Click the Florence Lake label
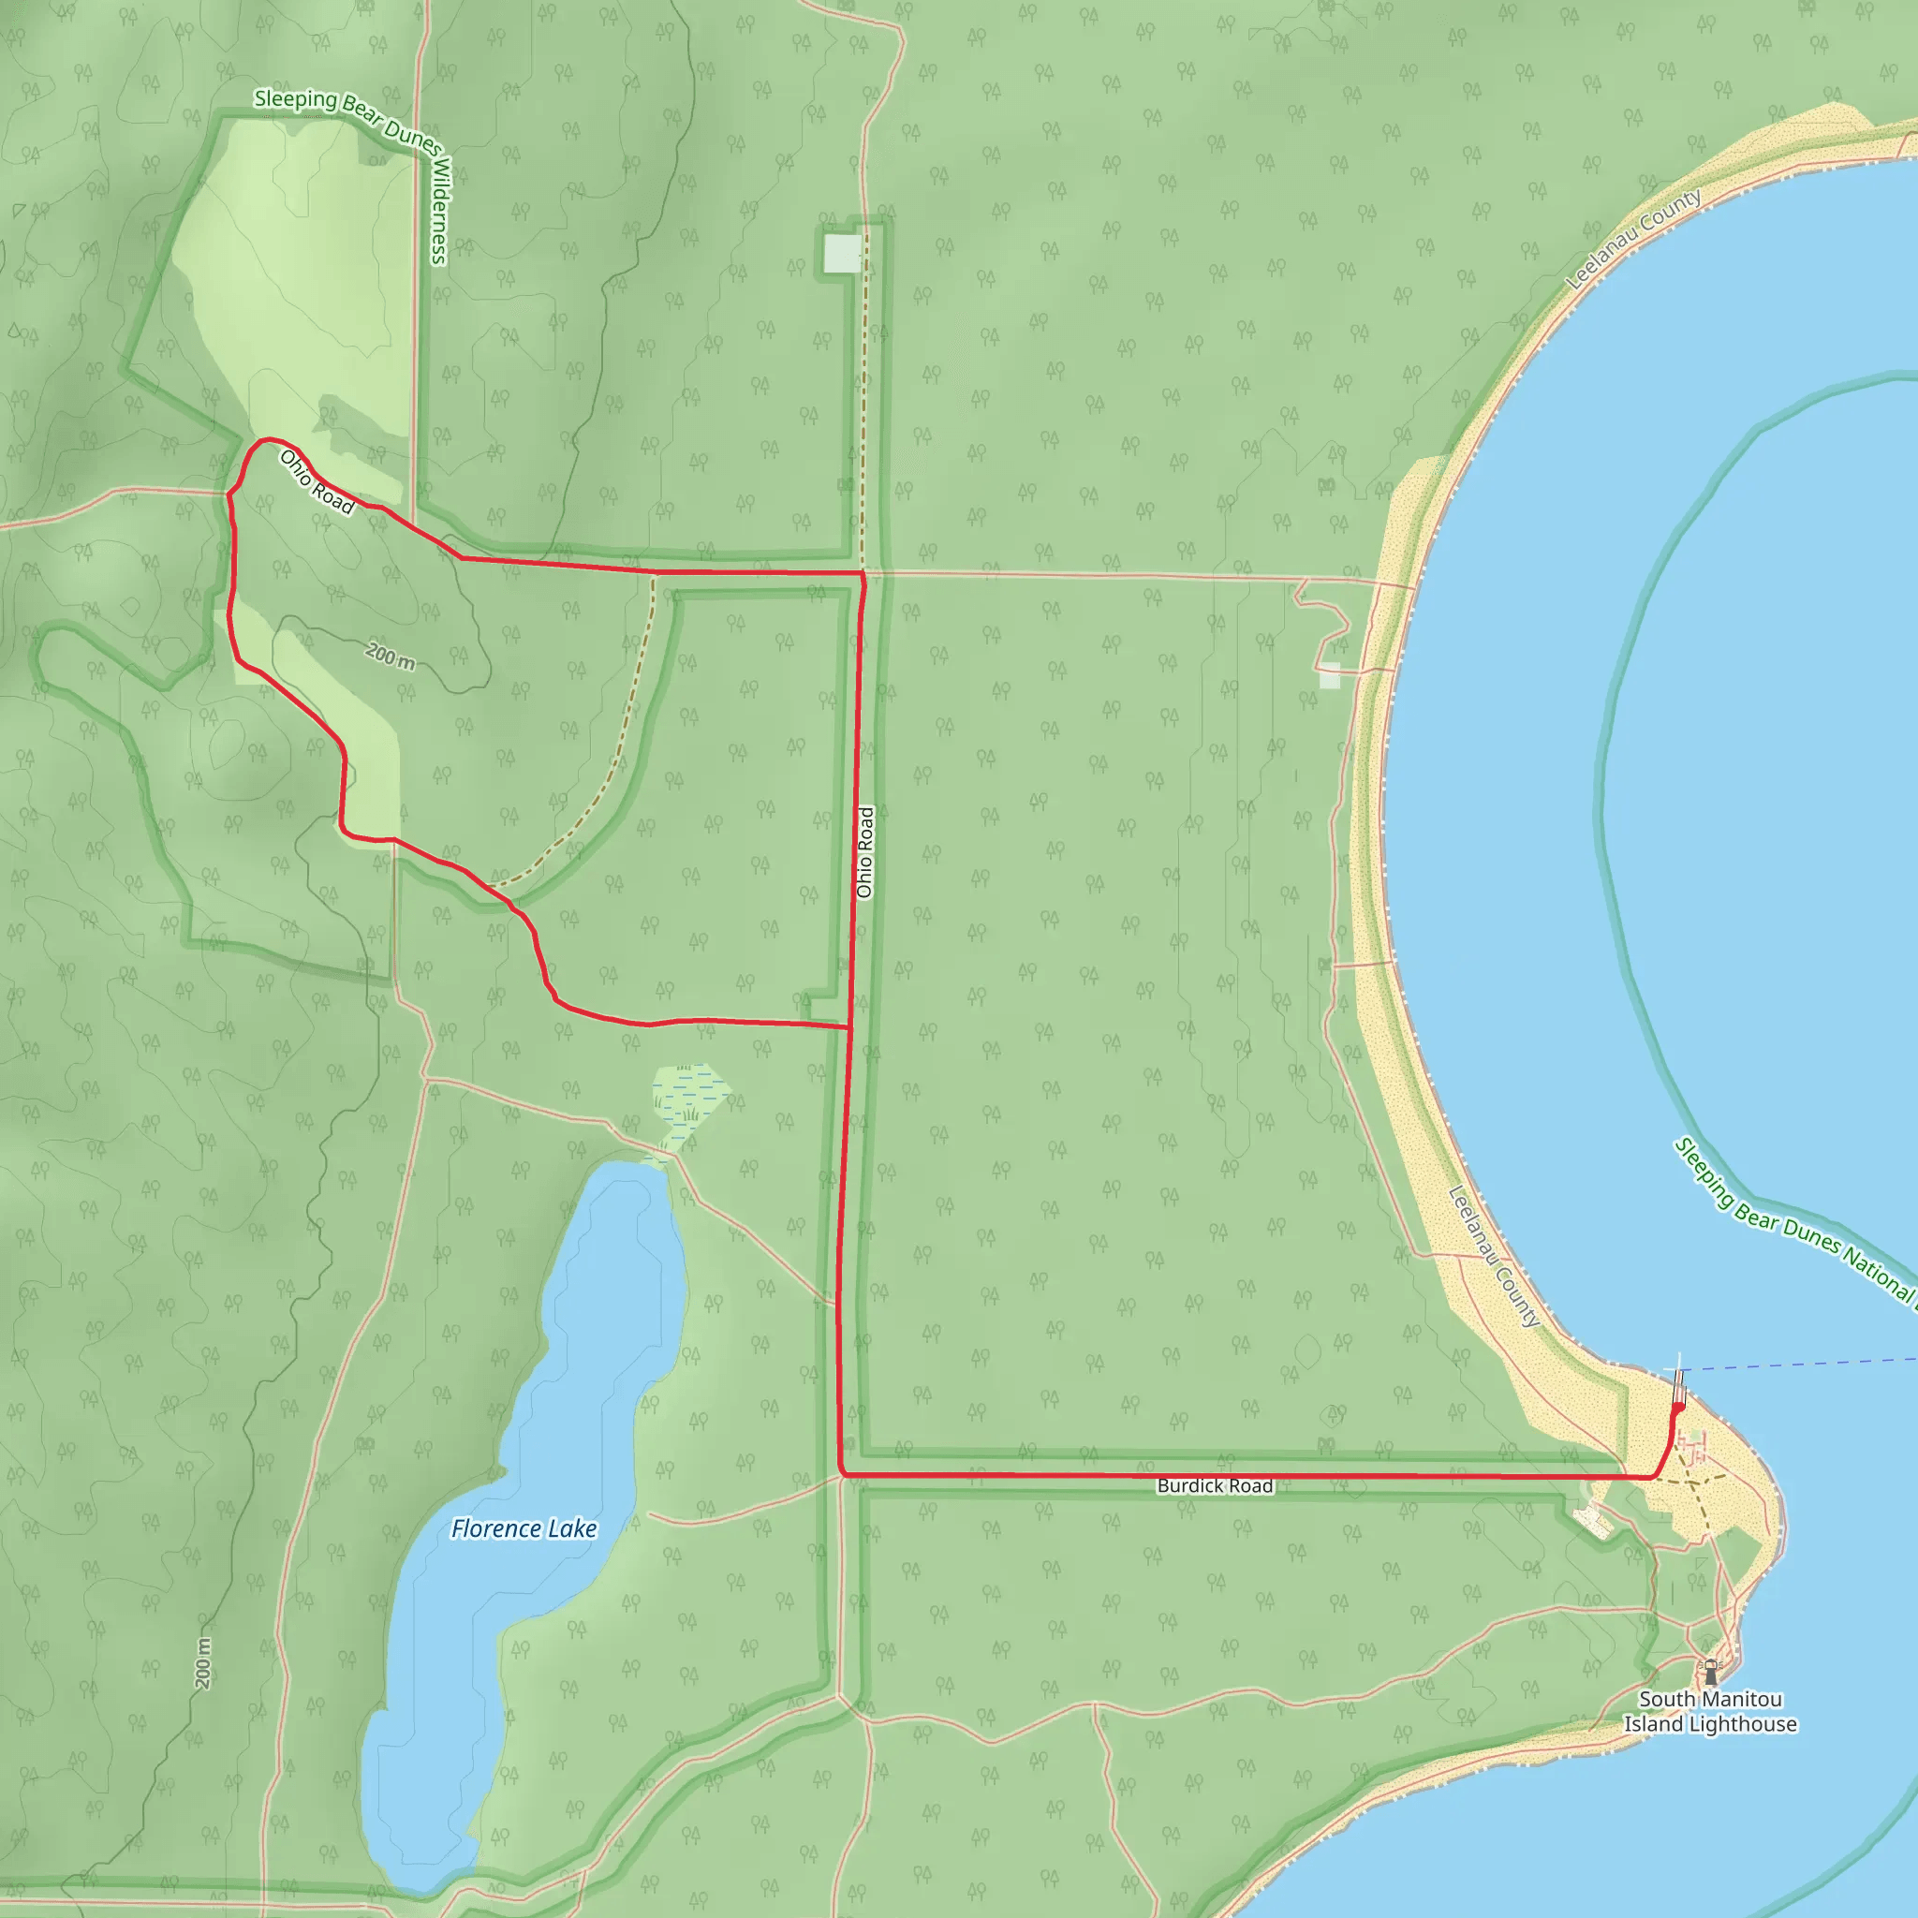tap(524, 1528)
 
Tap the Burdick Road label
tap(1214, 1486)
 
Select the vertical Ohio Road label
tap(864, 853)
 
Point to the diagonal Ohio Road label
tap(317, 482)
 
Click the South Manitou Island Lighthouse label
tap(1709, 1712)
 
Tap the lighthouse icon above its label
tap(1709, 1674)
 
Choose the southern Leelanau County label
tap(1494, 1257)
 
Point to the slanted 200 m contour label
tap(391, 657)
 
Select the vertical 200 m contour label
tap(203, 1663)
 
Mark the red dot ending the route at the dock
tap(1677, 1407)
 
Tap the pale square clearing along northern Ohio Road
tap(842, 253)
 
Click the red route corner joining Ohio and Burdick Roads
tap(843, 1474)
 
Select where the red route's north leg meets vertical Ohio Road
tap(863, 574)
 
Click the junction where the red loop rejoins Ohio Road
tap(848, 1026)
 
